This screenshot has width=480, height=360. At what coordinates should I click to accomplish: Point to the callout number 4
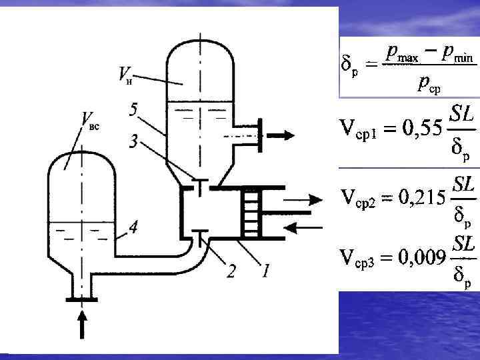[x=133, y=228]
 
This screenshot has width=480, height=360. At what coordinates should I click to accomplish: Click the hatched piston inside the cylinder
[x=251, y=213]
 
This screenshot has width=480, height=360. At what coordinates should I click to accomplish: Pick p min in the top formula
[x=453, y=55]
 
